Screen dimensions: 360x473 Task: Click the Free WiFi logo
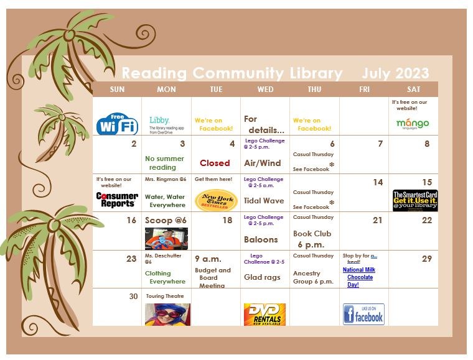(117, 124)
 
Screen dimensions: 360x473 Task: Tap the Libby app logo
(166, 122)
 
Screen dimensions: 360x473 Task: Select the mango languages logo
(413, 123)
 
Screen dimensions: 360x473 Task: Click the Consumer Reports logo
(117, 200)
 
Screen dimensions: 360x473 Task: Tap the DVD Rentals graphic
(265, 315)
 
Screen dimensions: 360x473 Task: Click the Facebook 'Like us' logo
(363, 314)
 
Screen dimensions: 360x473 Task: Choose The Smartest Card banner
(415, 200)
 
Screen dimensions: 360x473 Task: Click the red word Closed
(215, 163)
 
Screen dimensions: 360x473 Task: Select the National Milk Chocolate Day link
(360, 277)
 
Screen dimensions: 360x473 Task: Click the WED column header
(265, 90)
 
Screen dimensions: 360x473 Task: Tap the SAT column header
(413, 90)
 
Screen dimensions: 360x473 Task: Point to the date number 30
(133, 297)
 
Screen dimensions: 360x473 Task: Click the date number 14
(378, 182)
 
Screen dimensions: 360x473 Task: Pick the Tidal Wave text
(264, 201)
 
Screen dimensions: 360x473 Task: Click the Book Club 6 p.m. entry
(312, 239)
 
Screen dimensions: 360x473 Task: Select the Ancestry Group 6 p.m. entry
(313, 277)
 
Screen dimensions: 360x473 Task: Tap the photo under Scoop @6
(166, 238)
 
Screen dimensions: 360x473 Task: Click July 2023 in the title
(395, 73)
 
